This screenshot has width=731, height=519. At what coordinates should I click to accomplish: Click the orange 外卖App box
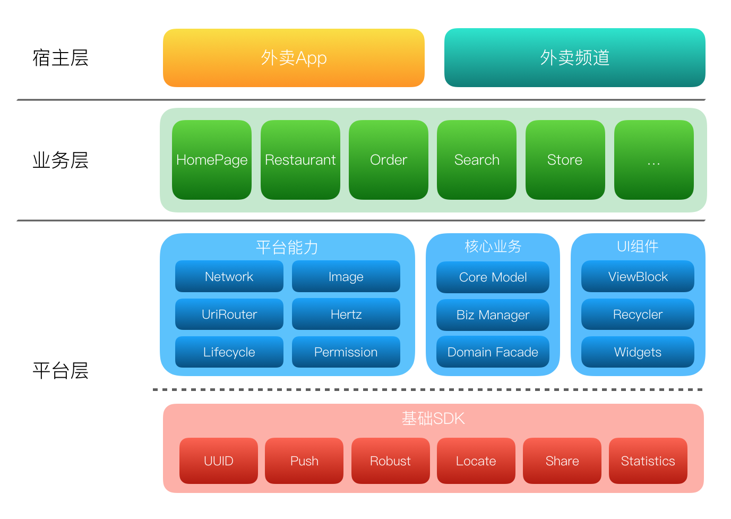[x=294, y=57]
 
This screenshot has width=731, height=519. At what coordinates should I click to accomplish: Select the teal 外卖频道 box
[x=574, y=57]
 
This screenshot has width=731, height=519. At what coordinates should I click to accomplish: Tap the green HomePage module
[x=212, y=160]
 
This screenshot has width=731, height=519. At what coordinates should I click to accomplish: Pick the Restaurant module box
[x=300, y=160]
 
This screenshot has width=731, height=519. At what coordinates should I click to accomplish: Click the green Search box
[x=477, y=160]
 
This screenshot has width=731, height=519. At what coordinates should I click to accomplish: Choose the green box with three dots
[x=653, y=160]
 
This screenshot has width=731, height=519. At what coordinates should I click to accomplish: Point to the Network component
[x=229, y=276]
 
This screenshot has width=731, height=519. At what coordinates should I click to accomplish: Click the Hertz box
[x=346, y=314]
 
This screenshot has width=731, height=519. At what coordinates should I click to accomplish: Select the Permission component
[x=346, y=352]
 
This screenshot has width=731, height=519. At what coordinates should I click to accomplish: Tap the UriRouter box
[x=229, y=314]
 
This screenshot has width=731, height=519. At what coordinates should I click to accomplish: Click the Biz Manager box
[x=493, y=315]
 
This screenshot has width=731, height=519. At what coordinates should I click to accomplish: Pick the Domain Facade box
[x=493, y=352]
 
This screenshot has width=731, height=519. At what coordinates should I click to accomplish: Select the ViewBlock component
[x=638, y=276]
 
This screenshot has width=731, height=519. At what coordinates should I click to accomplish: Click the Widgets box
[x=638, y=352]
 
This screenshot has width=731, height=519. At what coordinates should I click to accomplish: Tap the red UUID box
[x=218, y=461]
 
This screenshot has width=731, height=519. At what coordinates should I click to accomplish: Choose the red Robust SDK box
[x=390, y=461]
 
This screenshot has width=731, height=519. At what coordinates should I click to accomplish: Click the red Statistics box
[x=648, y=461]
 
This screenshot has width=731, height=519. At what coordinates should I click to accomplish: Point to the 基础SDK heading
[x=433, y=419]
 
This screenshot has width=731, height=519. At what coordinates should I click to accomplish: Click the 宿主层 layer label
[x=61, y=57]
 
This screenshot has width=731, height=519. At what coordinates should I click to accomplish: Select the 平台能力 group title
[x=287, y=247]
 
